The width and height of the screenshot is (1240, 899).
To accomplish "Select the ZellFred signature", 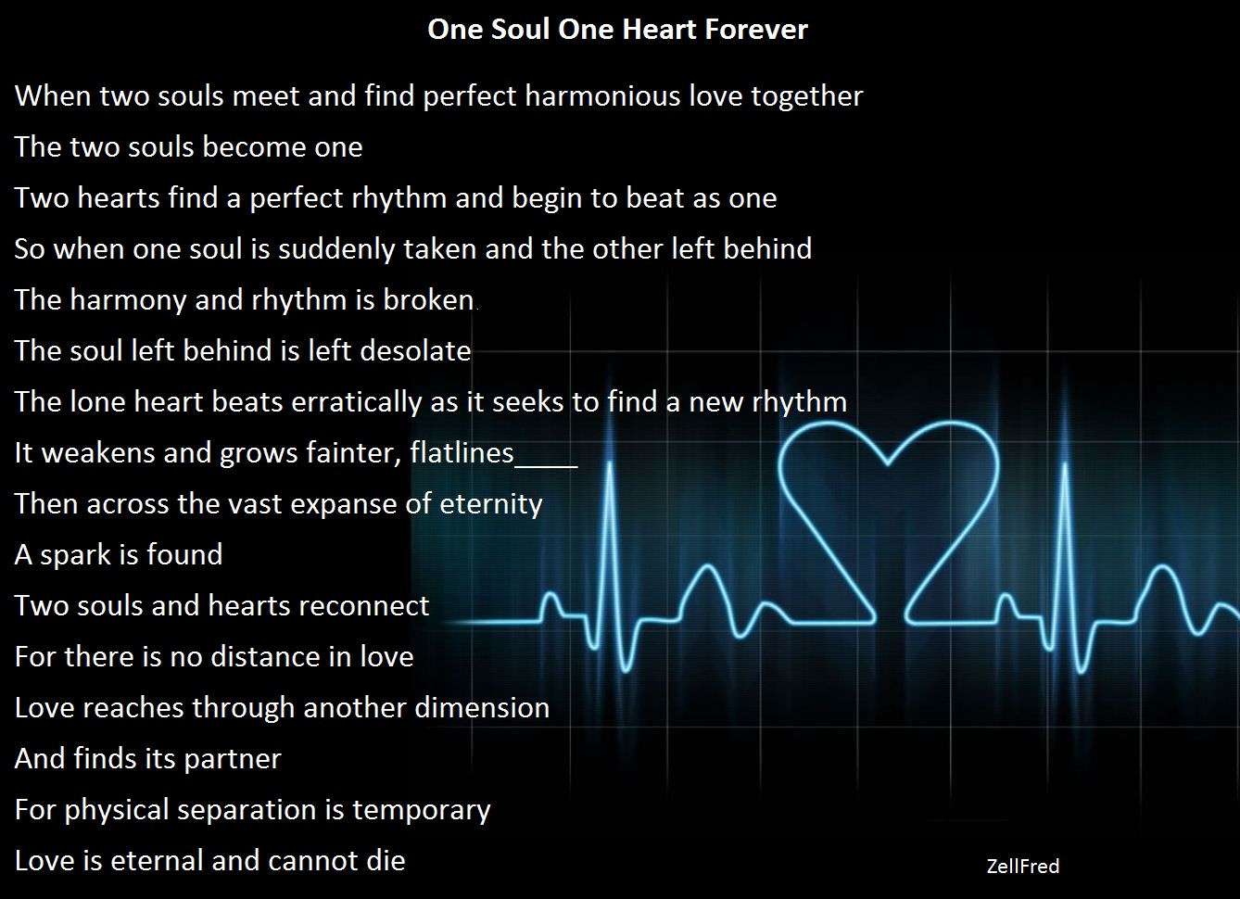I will click(x=1022, y=867).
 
